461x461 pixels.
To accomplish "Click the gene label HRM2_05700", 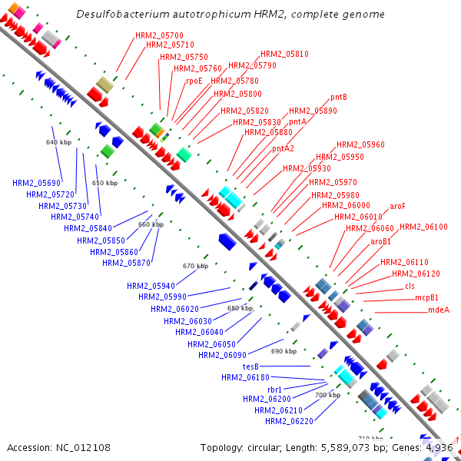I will tap(159, 35).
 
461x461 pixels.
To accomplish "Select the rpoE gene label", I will tap(194, 80).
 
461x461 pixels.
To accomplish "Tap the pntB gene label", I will tap(339, 97).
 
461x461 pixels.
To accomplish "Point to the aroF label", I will tap(397, 206).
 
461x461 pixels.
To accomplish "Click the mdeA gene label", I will tap(438, 310).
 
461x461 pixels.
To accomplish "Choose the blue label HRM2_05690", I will tap(36, 183).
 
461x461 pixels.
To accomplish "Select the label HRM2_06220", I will tap(289, 420).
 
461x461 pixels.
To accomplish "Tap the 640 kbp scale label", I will tap(58, 143).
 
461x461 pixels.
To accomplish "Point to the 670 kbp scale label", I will tap(195, 266).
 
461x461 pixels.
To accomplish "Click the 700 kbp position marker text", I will tap(328, 395).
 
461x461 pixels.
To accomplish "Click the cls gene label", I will tap(410, 286).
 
